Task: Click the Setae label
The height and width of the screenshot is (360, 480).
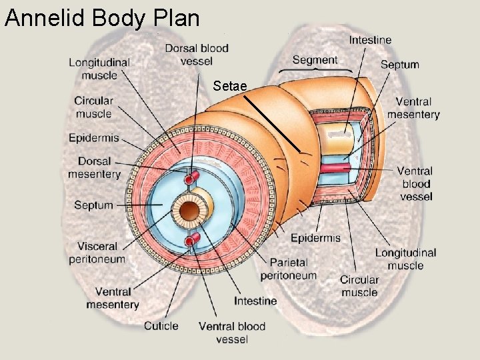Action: (x=231, y=86)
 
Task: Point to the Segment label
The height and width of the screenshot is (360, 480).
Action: (x=315, y=60)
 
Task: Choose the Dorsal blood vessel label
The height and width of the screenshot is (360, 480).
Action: (x=197, y=55)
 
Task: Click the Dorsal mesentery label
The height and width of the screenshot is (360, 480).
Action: (x=94, y=167)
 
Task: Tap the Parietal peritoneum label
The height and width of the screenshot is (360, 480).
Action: (x=288, y=269)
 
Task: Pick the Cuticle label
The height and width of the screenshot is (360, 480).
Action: (x=161, y=325)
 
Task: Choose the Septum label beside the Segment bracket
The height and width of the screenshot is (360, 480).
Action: (x=399, y=65)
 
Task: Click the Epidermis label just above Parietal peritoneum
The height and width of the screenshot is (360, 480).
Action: (x=315, y=238)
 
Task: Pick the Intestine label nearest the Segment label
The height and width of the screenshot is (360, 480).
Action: (x=370, y=40)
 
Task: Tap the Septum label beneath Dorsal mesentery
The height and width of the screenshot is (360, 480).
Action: (x=93, y=205)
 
